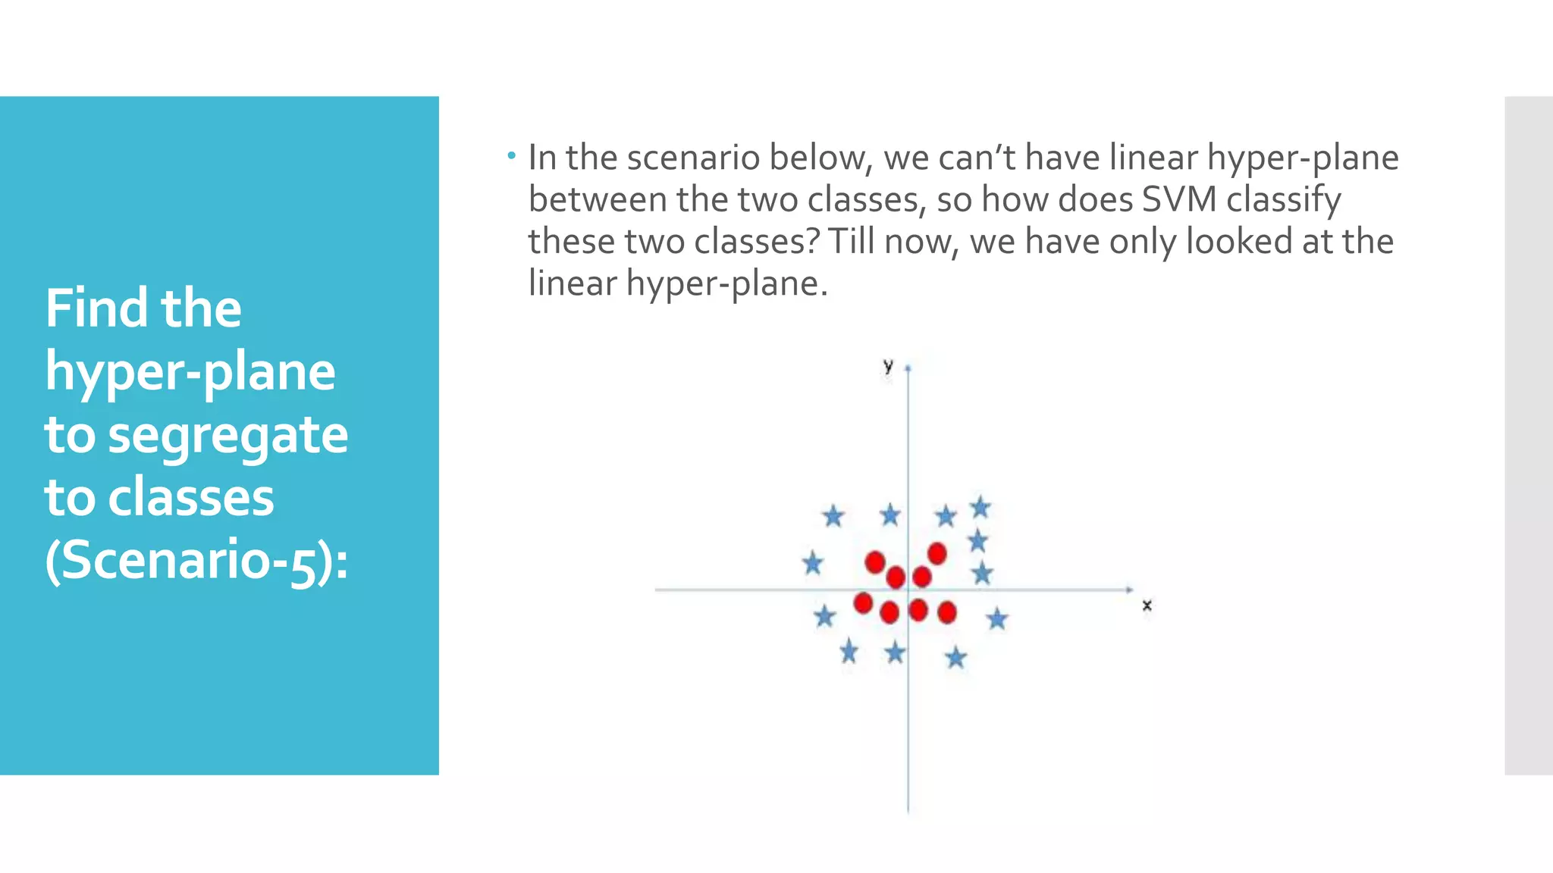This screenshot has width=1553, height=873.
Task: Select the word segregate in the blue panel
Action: (x=227, y=436)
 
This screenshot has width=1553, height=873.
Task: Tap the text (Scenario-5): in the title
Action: (x=196, y=561)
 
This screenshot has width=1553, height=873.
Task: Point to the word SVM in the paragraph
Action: (x=1178, y=200)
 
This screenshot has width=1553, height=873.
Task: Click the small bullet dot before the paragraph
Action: (x=512, y=156)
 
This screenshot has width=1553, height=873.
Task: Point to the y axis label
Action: (x=888, y=366)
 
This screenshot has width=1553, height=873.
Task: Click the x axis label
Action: (x=1147, y=605)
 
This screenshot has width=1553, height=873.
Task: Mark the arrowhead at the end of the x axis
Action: (x=1130, y=589)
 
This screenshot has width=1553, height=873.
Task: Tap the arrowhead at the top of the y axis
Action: (x=908, y=368)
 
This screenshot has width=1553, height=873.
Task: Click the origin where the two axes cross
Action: (x=908, y=589)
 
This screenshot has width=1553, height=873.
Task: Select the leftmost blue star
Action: (x=812, y=563)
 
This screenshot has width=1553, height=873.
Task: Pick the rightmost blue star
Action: (x=997, y=619)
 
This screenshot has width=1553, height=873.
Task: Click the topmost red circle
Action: (x=937, y=553)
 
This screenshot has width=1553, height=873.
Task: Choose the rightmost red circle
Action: (x=946, y=612)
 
